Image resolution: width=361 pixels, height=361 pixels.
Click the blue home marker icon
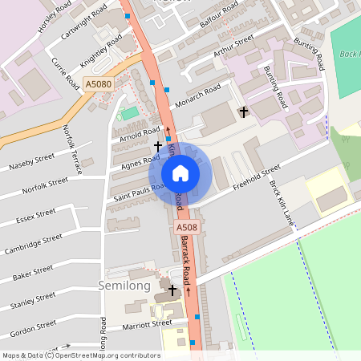pos(180,172)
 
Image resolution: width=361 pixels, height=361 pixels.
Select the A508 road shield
pos(183,229)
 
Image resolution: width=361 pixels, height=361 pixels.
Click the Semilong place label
pos(123,286)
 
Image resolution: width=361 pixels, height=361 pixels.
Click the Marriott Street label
pos(147,326)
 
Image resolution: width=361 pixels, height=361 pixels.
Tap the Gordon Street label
pos(33,329)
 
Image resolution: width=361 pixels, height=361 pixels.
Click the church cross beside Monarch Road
pos(244,112)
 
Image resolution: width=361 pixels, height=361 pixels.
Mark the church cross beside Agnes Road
pos(158,147)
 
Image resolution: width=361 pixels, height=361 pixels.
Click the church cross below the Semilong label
pos(172,289)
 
